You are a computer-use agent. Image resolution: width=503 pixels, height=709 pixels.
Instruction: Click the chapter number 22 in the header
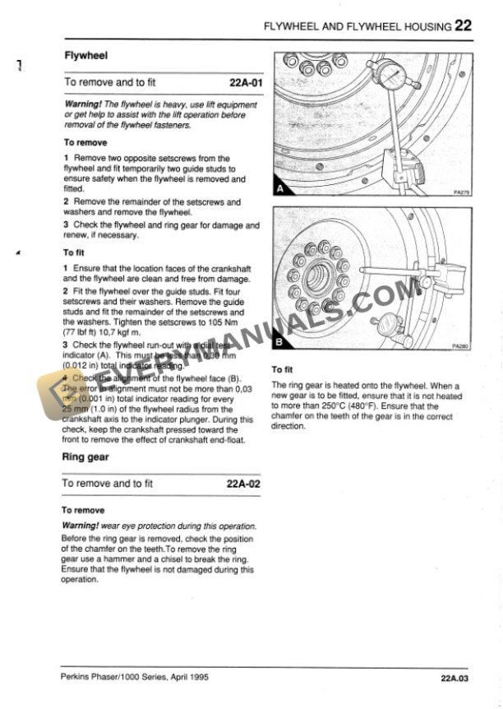point(463,25)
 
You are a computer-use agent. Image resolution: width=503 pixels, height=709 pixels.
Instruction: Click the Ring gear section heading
point(85,456)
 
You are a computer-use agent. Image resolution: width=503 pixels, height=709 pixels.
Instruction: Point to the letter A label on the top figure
point(280,188)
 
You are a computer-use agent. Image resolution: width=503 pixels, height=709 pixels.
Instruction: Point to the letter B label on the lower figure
point(280,341)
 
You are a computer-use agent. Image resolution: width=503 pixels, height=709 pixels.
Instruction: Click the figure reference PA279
point(460,194)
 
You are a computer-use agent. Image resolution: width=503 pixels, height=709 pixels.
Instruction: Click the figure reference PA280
point(460,347)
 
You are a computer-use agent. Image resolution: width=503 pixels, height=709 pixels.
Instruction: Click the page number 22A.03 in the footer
point(453,679)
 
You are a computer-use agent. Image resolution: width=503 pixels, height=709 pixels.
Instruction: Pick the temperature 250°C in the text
point(333,405)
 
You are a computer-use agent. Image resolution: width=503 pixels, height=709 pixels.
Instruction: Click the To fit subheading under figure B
point(282,370)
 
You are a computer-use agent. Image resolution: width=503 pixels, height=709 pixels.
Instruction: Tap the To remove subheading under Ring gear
point(83,510)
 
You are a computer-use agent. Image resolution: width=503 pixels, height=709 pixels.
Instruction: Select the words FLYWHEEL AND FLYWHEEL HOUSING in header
point(357,26)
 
